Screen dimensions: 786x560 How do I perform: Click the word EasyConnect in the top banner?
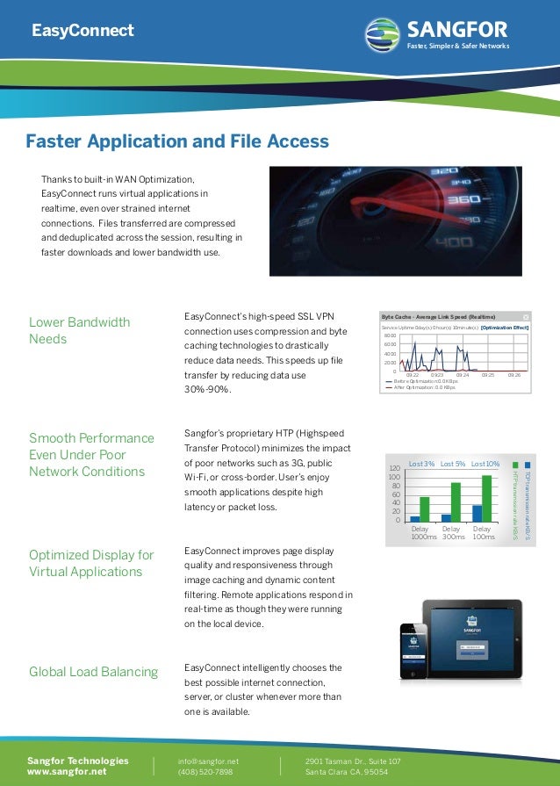pos(83,32)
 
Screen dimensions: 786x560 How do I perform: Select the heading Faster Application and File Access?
pos(177,141)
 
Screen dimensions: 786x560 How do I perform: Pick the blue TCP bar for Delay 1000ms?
pos(415,519)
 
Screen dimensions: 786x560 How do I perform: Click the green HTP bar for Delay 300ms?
pos(456,502)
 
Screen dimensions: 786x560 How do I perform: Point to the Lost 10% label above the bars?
pos(485,463)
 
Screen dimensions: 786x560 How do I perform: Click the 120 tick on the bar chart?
pos(395,469)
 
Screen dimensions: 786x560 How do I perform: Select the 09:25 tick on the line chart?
pos(487,375)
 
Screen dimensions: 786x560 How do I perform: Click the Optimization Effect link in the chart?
pos(505,327)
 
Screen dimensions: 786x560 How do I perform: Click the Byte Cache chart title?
pos(439,316)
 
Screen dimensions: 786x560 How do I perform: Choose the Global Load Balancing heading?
pos(94,672)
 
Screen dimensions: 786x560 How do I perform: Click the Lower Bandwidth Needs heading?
pos(79,330)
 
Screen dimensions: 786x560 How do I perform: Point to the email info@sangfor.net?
pos(208,761)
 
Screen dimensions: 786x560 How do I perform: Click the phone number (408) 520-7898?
pos(205,772)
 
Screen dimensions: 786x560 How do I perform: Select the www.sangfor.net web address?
pos(67,772)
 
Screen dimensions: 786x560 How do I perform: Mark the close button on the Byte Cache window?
pos(526,316)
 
